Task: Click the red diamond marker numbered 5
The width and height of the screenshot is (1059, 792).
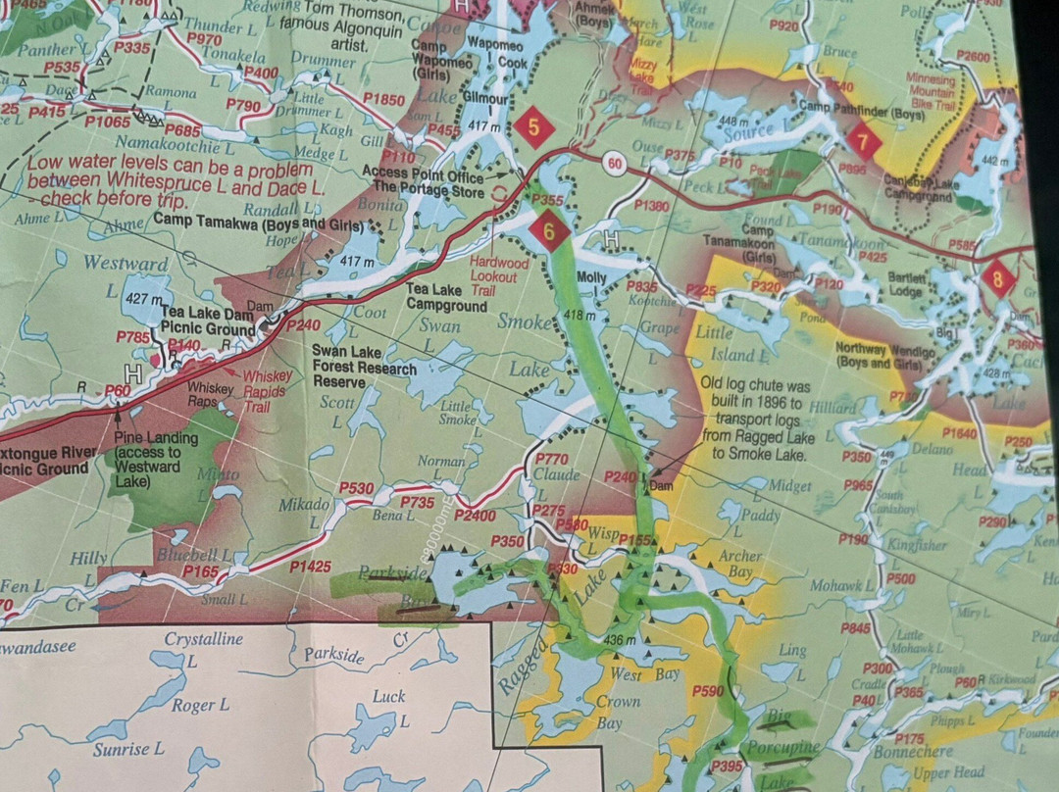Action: tap(534, 125)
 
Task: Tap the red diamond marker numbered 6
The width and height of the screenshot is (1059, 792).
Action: tap(549, 230)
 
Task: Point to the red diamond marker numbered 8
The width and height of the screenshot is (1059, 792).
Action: tap(998, 277)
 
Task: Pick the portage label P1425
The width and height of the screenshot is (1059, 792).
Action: tap(309, 566)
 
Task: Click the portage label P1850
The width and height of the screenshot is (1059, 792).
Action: tap(383, 100)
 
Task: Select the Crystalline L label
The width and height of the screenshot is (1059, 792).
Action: tap(203, 639)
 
